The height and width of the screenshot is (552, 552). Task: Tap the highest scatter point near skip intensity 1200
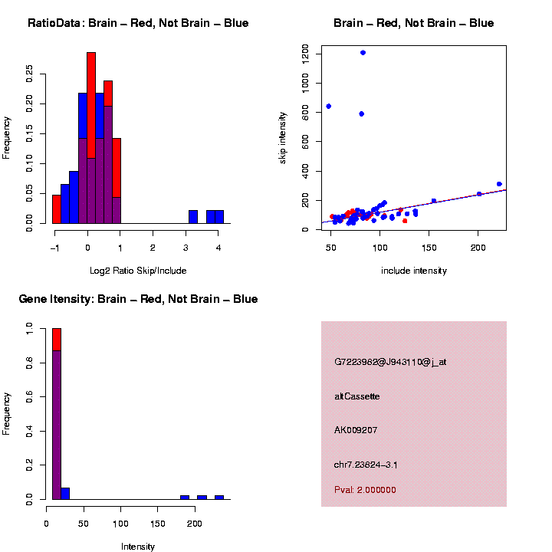[363, 53]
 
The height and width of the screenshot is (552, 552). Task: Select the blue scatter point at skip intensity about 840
[329, 106]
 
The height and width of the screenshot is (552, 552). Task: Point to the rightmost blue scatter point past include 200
[499, 184]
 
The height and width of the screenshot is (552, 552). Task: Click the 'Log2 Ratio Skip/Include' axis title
[138, 271]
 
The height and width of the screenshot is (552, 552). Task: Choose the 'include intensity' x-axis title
[414, 271]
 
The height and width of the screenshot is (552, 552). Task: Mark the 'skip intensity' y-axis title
[283, 137]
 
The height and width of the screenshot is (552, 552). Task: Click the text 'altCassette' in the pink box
[357, 396]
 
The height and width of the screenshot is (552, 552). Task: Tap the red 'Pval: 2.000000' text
[365, 489]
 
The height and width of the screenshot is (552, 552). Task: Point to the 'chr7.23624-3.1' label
[365, 465]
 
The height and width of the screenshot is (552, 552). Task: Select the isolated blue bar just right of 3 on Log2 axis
[193, 217]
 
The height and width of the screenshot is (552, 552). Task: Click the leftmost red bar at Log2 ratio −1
[57, 209]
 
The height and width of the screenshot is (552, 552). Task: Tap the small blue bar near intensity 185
[185, 498]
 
